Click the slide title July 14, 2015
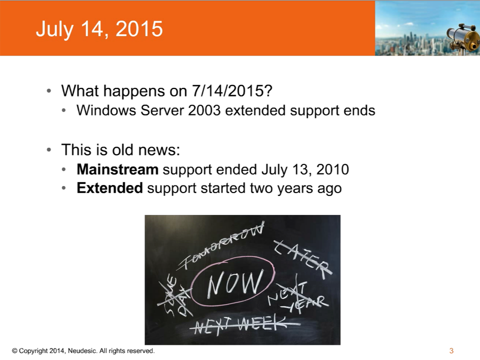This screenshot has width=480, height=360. point(99,29)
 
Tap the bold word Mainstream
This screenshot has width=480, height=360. point(117,169)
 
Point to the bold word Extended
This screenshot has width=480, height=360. point(109,188)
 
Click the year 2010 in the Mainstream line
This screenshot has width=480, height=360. point(332,169)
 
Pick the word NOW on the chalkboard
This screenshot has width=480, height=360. point(234,283)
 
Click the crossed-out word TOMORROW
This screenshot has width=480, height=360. point(225,245)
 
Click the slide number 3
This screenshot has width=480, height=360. point(451,351)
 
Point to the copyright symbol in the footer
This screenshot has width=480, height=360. point(14,351)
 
